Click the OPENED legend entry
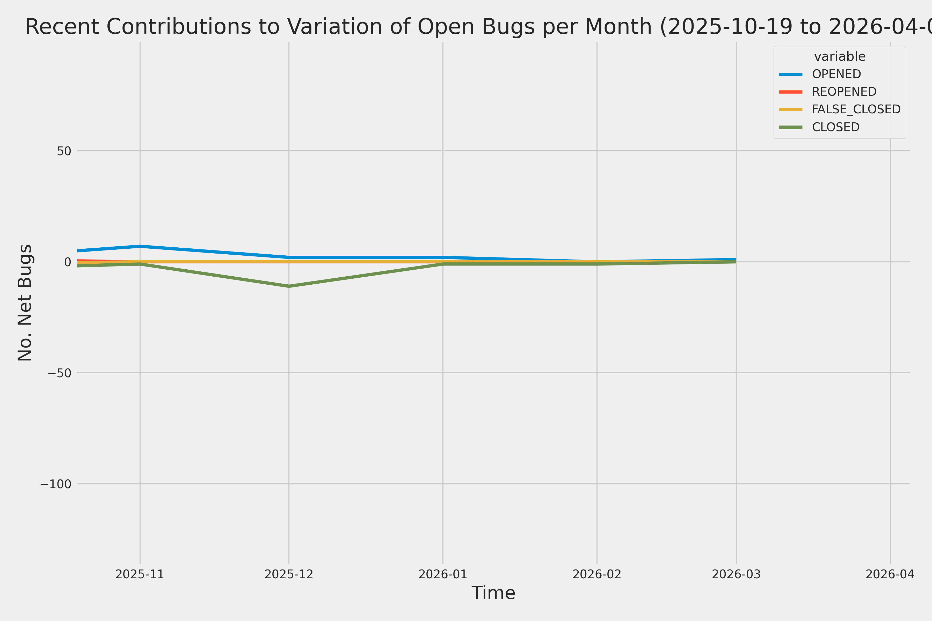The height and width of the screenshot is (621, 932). (x=836, y=74)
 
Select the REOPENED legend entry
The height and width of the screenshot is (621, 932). (x=844, y=92)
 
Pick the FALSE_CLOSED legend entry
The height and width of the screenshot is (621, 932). (x=856, y=109)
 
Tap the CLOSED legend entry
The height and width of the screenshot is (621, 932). (x=835, y=127)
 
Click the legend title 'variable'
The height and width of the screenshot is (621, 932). (x=839, y=57)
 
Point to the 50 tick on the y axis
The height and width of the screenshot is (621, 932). (x=64, y=151)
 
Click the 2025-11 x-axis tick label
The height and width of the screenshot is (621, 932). (x=140, y=574)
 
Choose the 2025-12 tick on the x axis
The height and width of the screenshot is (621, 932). (x=289, y=574)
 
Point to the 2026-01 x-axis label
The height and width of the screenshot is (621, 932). (x=443, y=574)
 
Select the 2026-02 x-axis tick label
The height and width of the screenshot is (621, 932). (x=597, y=574)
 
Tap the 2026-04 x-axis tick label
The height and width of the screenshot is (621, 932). (x=890, y=574)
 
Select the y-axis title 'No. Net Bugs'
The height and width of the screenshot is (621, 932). (x=25, y=302)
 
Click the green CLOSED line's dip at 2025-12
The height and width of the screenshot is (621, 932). (x=289, y=286)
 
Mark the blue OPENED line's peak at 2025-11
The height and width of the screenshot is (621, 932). (x=140, y=246)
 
